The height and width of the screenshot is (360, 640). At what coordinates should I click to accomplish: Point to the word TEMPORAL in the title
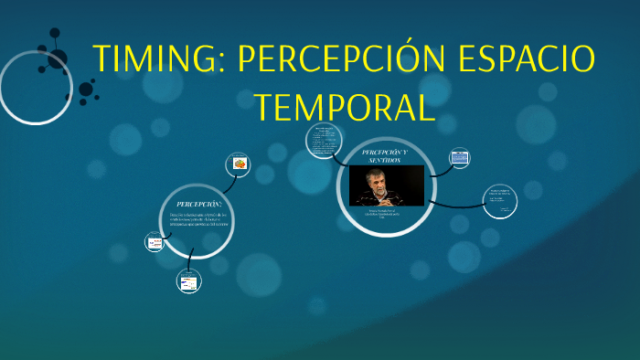[345, 107]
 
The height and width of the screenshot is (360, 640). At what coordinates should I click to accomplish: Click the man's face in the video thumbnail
[376, 175]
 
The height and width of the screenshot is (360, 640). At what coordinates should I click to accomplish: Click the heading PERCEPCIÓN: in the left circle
[198, 203]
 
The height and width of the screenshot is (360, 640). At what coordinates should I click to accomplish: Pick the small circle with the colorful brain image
[239, 164]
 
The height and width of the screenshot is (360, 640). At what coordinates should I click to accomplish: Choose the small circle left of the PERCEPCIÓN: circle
[154, 242]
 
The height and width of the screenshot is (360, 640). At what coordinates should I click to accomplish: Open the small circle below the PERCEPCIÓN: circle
[188, 282]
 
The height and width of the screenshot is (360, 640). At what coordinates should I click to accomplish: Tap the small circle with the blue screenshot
[459, 157]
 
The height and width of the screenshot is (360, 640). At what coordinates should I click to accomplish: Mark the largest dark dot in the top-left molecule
[86, 90]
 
